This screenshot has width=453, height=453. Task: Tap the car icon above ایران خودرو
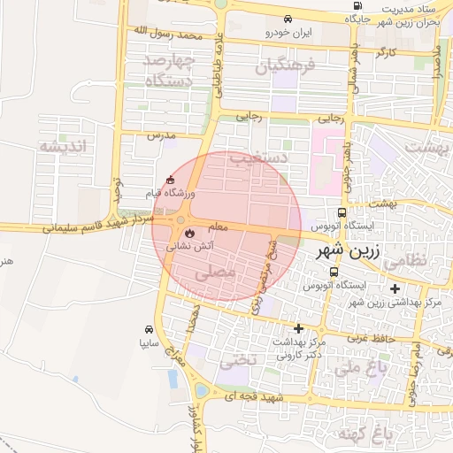tap(288, 19)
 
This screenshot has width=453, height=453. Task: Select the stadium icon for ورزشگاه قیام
tap(171, 180)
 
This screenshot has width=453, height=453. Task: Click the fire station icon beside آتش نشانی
tap(187, 235)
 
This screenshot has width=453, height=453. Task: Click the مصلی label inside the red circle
tap(214, 274)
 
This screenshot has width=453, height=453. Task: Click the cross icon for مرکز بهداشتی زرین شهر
tap(394, 288)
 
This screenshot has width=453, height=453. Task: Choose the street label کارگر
tap(386, 54)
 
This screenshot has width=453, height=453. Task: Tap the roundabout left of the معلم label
tap(180, 220)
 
